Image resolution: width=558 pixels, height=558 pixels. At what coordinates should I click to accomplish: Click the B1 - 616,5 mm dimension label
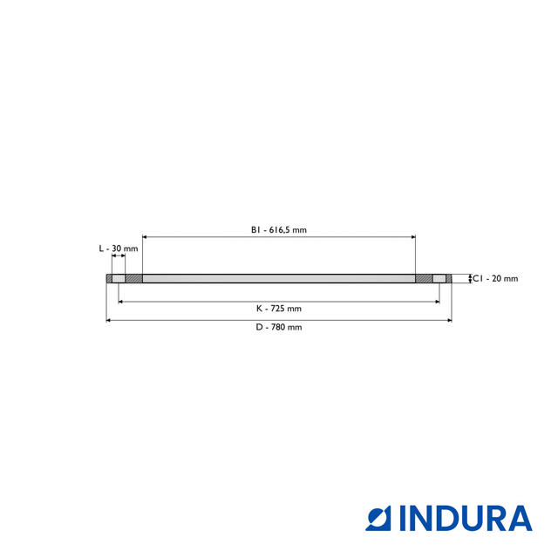pos(279,230)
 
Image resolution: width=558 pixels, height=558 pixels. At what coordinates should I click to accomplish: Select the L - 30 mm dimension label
pos(118,248)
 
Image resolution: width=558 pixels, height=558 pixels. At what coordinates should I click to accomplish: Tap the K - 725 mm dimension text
pos(279,309)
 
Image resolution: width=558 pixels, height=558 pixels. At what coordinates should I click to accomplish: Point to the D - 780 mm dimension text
pos(279,328)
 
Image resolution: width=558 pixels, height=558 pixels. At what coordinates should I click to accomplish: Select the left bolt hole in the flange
pos(119,279)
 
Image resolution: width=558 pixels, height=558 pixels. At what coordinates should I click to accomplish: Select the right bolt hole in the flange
pos(439,279)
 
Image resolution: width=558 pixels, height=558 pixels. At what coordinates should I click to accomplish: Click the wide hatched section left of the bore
pos(134,279)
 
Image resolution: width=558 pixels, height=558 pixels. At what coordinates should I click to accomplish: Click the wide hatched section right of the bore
pos(424,279)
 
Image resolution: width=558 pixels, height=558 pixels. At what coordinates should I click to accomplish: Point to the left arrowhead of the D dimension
pos(108,321)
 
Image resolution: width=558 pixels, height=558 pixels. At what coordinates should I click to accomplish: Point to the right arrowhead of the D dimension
pos(450,321)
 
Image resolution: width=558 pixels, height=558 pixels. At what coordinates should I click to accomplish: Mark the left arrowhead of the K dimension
pos(120,302)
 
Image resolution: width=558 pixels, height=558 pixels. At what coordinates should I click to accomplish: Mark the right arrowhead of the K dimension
pos(438,302)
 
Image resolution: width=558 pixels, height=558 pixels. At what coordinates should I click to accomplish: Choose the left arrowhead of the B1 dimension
pos(145,236)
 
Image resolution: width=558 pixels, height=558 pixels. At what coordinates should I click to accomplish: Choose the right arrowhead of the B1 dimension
pos(413,236)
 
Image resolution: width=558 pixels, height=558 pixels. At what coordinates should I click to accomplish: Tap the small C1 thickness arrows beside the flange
pos(470,279)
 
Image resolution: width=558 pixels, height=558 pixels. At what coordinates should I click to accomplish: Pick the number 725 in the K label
pos(284,309)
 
